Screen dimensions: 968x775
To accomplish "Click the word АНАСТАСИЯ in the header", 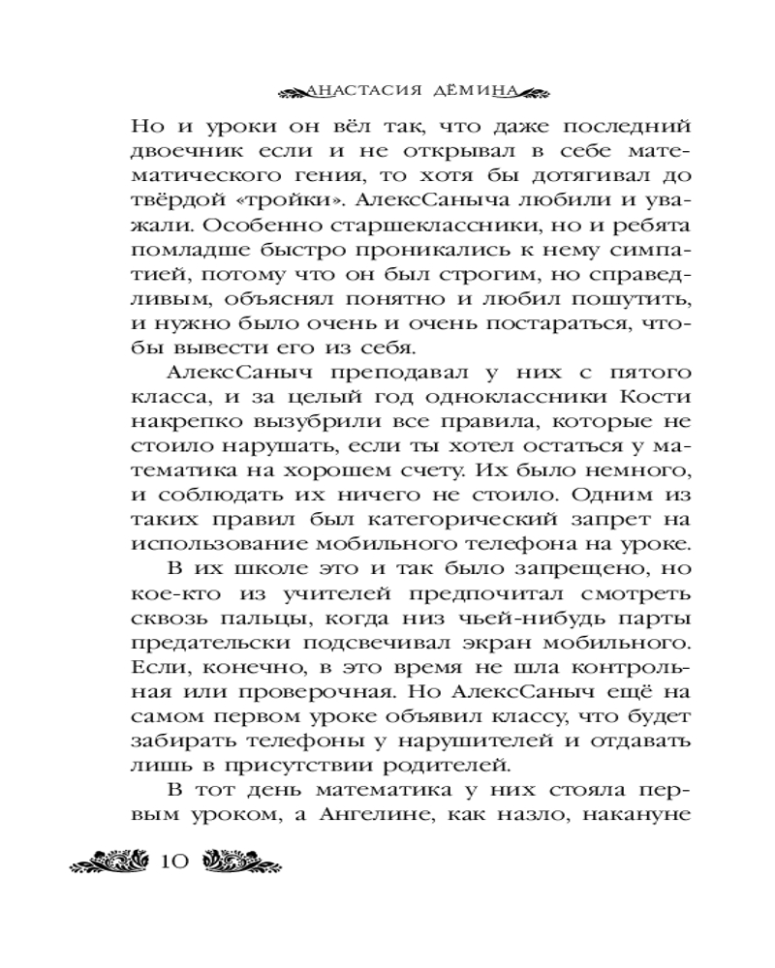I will tap(363, 93).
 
